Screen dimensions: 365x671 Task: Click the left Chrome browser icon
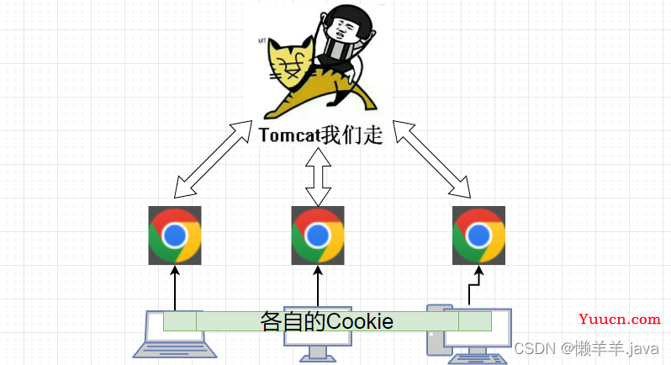[175, 235]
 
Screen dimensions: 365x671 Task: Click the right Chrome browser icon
[478, 235]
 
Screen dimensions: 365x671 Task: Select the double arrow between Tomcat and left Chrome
[212, 158]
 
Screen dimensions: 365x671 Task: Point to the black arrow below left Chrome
[175, 286]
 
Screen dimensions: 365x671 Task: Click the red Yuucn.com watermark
[621, 319]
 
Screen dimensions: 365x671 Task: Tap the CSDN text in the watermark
[531, 347]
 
